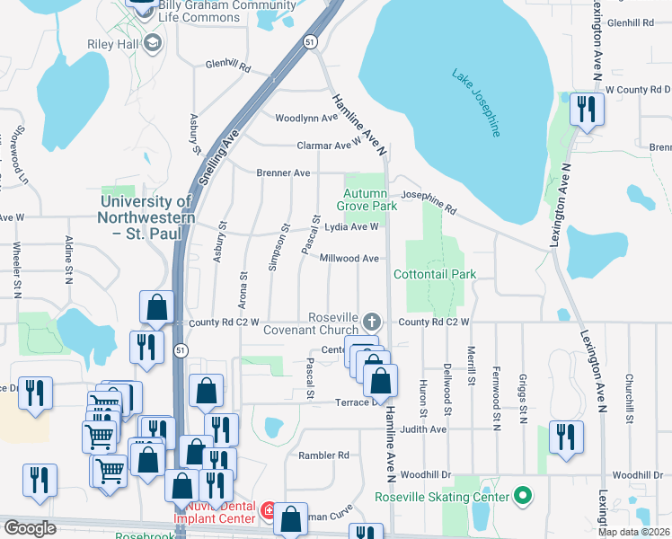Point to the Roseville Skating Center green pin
pyautogui.click(x=520, y=495)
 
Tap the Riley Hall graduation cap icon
pyautogui.click(x=152, y=42)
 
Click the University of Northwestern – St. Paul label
pyautogui.click(x=145, y=218)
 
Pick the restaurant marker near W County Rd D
pyautogui.click(x=587, y=110)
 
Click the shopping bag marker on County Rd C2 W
pyautogui.click(x=157, y=307)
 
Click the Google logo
pyautogui.click(x=31, y=528)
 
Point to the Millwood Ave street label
pyautogui.click(x=349, y=259)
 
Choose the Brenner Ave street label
pyautogui.click(x=283, y=172)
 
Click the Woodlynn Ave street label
pyautogui.click(x=305, y=119)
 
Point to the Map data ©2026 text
pyautogui.click(x=633, y=532)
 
